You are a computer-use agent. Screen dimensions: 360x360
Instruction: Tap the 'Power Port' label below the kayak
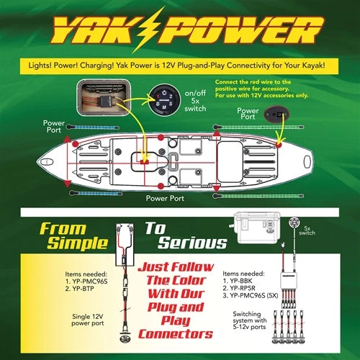[x=167, y=197]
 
